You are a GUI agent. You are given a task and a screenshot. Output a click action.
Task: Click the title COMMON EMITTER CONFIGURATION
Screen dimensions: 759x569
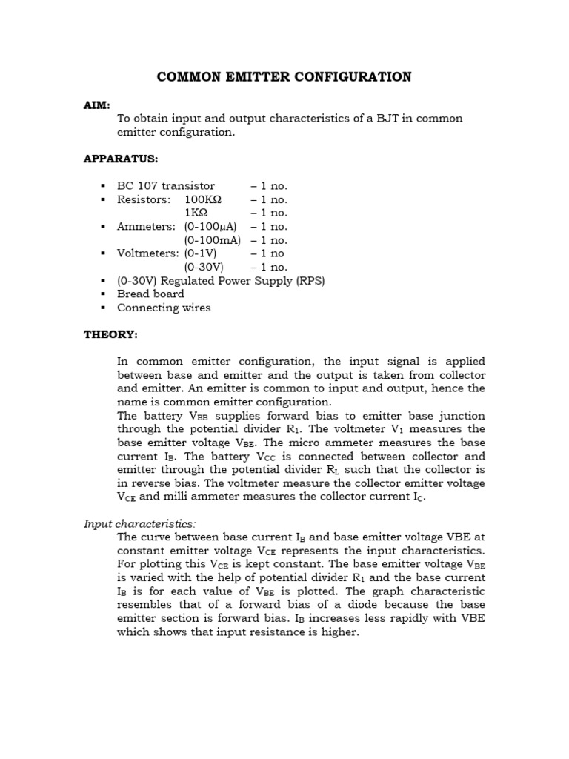coord(284,76)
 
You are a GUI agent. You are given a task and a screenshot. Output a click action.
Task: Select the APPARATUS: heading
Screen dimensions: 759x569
coord(121,159)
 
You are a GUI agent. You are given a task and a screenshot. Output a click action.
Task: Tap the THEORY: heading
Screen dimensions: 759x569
coord(110,334)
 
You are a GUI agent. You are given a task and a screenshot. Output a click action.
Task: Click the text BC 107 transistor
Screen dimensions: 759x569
coord(166,186)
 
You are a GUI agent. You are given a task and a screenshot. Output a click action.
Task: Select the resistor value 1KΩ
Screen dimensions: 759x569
coord(197,213)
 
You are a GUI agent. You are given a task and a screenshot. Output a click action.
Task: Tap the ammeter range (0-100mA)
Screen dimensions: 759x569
coord(212,240)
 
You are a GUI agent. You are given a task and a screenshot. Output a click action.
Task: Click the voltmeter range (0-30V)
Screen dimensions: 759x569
coord(204,267)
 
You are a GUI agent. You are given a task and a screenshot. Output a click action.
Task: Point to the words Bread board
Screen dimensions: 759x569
coord(150,294)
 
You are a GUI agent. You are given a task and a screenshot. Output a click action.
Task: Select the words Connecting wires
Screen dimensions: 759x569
coord(164,308)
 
